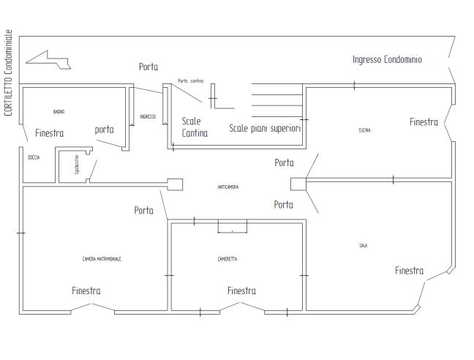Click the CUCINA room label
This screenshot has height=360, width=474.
pos(364,130)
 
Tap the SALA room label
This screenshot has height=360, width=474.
pos(363,246)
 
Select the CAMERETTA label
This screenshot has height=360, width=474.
pos(227,259)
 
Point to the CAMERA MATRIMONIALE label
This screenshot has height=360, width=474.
pos(102,259)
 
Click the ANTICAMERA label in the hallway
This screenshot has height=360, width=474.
pos(228,187)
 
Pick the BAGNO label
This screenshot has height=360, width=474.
pos(59,111)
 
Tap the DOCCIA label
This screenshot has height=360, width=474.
pos(34,158)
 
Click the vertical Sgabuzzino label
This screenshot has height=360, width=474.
pos(76,165)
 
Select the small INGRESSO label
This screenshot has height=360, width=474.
pos(148,116)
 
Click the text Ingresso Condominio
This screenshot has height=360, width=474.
pos(387,59)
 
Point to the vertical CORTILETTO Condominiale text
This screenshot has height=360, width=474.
pos(8,73)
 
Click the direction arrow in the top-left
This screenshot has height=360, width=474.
pos(48,60)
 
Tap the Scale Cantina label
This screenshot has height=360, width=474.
pos(195,127)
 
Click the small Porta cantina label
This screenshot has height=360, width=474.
pos(190,80)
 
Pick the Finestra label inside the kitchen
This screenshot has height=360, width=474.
pos(424,122)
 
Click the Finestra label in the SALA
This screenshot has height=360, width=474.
pos(409,271)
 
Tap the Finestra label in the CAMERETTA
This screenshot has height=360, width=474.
pos(241,290)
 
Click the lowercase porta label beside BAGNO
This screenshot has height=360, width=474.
pos(105,130)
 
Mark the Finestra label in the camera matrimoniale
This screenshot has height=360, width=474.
pos(86,290)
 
